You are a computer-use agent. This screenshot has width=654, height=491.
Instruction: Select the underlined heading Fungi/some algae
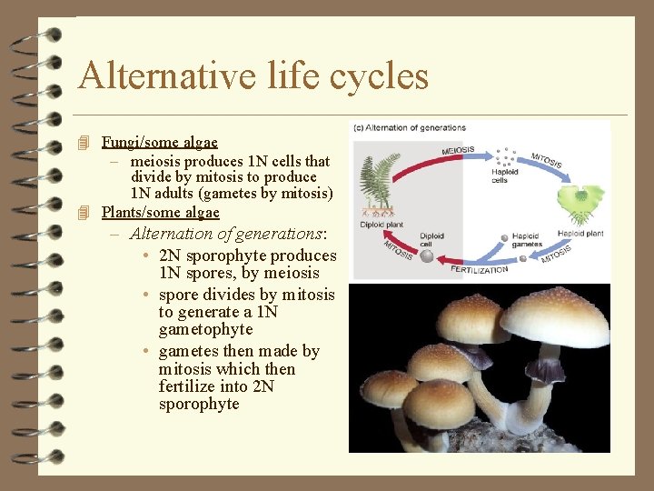[x=160, y=142]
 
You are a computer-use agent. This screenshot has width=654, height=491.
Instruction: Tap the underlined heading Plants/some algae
[x=161, y=212]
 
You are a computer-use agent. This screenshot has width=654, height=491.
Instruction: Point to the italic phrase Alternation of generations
[x=226, y=234]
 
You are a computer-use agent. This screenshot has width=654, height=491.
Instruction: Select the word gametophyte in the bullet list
[x=205, y=329]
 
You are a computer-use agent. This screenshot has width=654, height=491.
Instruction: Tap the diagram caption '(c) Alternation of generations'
[x=410, y=128]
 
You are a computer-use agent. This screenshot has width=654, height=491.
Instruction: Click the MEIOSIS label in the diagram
[x=459, y=149]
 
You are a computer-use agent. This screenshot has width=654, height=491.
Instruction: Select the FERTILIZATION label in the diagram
[x=480, y=269]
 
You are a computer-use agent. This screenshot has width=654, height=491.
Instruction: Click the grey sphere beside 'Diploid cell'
[x=427, y=256]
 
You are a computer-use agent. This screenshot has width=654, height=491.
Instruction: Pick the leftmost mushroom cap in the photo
[x=388, y=388]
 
